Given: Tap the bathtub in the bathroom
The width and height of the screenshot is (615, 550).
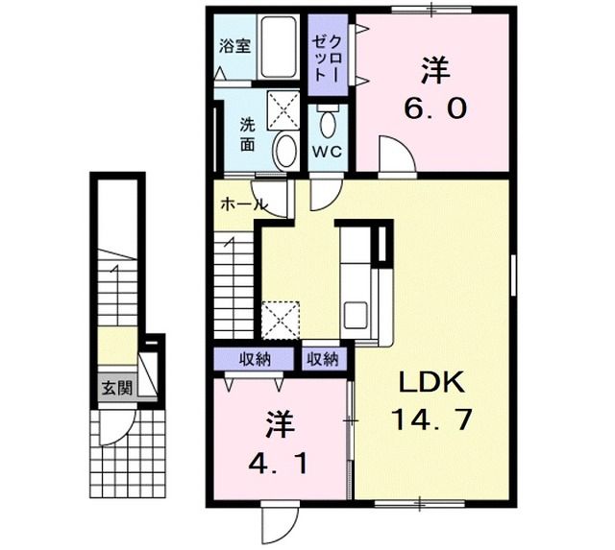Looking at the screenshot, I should pyautogui.click(x=281, y=48).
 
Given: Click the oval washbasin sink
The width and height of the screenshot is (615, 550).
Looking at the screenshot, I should pyautogui.click(x=285, y=150).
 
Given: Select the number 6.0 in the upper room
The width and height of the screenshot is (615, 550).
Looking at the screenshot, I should pyautogui.click(x=434, y=108).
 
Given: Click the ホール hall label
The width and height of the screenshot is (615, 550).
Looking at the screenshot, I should pyautogui.click(x=243, y=204).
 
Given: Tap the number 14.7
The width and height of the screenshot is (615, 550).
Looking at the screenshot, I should pyautogui.click(x=432, y=419).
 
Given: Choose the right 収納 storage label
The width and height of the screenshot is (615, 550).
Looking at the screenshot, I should pyautogui.click(x=323, y=360).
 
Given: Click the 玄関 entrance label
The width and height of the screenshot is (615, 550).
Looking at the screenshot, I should pyautogui.click(x=114, y=388).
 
